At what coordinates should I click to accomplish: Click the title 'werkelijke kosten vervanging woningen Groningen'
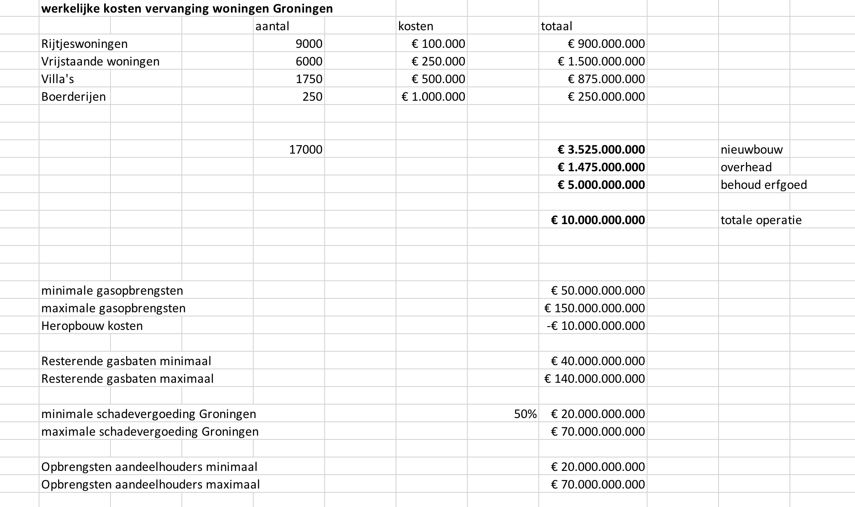click(x=187, y=9)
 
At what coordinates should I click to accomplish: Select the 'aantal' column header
click(x=272, y=26)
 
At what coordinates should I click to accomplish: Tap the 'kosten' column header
click(x=415, y=26)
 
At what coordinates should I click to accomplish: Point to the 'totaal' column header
click(x=556, y=26)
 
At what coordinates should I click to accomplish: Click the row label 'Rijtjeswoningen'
click(x=84, y=44)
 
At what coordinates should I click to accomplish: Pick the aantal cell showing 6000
click(x=309, y=62)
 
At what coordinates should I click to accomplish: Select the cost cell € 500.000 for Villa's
click(x=438, y=79)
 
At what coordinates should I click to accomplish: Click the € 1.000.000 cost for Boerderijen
click(x=433, y=97)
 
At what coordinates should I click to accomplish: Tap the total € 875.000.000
click(x=606, y=79)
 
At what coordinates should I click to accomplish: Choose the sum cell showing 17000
click(x=306, y=150)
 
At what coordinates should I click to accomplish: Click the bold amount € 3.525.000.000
click(x=601, y=150)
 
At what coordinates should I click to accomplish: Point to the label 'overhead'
click(x=746, y=167)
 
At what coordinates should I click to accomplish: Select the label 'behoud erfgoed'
click(x=763, y=185)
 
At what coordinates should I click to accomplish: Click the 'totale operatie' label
click(x=761, y=220)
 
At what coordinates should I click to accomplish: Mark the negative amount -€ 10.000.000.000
click(x=595, y=326)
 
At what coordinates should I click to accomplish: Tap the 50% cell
click(x=525, y=414)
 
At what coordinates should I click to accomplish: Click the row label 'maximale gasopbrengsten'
click(x=113, y=308)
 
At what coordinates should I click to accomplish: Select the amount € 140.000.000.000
click(x=594, y=379)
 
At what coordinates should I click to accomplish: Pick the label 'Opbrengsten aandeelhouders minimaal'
click(x=149, y=467)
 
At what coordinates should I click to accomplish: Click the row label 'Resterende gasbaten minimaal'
click(x=126, y=361)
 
